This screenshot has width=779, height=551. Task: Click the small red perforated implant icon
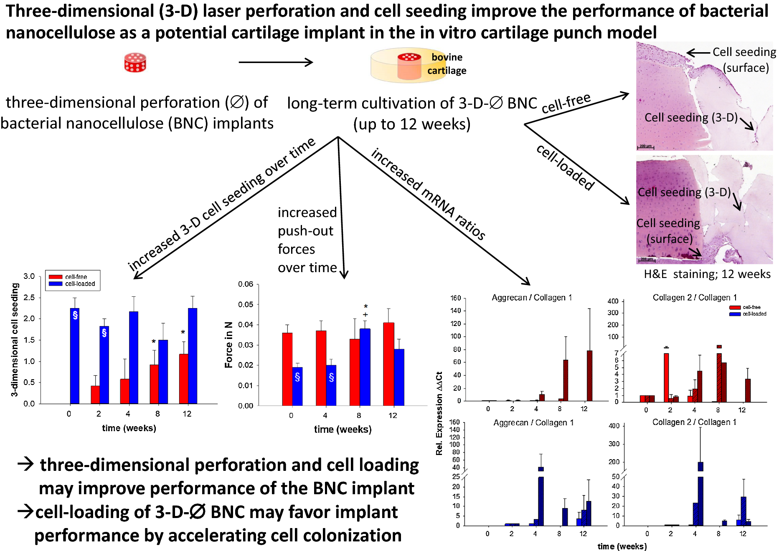pyautogui.click(x=135, y=63)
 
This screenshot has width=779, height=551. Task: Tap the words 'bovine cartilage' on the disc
pyautogui.click(x=447, y=64)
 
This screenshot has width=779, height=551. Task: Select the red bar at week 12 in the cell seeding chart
pyautogui.click(x=183, y=379)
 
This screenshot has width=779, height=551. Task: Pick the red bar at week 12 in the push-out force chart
pyautogui.click(x=388, y=364)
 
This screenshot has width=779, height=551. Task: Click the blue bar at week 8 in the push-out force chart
pyautogui.click(x=365, y=367)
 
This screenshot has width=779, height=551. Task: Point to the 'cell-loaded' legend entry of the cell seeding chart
pyautogui.click(x=80, y=284)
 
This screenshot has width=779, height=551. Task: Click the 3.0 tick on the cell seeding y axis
pyautogui.click(x=29, y=276)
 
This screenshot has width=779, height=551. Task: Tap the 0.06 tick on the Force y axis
pyautogui.click(x=246, y=284)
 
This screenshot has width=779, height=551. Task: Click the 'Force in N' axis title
pyautogui.click(x=228, y=345)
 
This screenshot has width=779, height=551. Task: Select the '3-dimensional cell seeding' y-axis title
pyautogui.click(x=15, y=339)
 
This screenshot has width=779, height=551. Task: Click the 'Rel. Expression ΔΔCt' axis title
pyautogui.click(x=439, y=413)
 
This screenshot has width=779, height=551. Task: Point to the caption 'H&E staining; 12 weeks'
pyautogui.click(x=707, y=274)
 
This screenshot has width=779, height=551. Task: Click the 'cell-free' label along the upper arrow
pyautogui.click(x=566, y=103)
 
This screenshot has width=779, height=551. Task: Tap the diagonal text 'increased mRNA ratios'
pyautogui.click(x=428, y=194)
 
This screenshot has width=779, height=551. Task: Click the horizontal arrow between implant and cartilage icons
pyautogui.click(x=276, y=63)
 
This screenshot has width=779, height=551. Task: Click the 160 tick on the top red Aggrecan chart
pyautogui.click(x=455, y=298)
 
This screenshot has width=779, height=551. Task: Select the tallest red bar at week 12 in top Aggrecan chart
pyautogui.click(x=589, y=376)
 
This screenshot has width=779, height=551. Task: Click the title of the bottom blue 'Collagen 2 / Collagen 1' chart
pyautogui.click(x=694, y=422)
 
